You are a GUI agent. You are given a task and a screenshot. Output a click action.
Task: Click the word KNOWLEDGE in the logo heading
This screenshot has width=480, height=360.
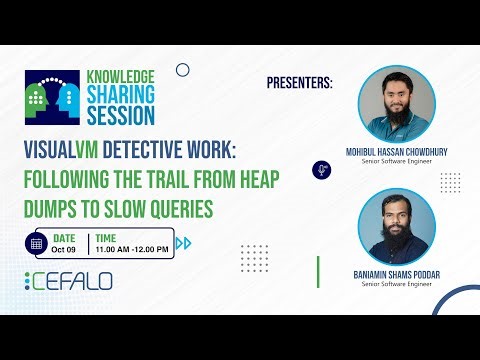coord(120,76)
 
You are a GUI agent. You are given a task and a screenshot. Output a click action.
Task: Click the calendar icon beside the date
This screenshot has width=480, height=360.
coord(37,243)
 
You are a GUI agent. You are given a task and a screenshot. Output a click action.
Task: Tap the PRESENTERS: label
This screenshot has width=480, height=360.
coord(300,82)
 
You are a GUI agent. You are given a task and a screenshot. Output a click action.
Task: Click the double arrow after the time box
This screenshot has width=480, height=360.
coord(183,243)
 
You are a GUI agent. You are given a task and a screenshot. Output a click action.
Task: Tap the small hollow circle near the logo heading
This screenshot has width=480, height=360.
coord(182,70)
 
